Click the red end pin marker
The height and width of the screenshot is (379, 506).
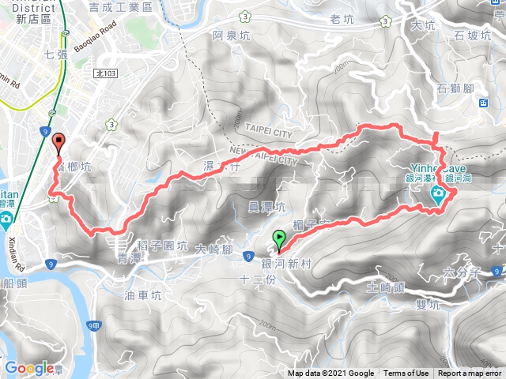(x=58, y=143)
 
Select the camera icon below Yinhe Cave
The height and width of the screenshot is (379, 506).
(x=436, y=196)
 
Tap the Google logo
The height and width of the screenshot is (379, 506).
(x=28, y=368)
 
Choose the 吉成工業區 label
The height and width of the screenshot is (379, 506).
(x=142, y=7)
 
